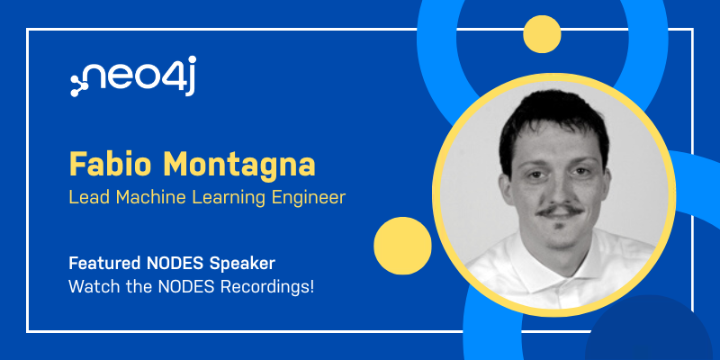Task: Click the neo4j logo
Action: pyautogui.click(x=133, y=76)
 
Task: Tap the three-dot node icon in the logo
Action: pyautogui.click(x=79, y=85)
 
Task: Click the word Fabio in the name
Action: pyautogui.click(x=111, y=165)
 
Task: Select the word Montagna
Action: pyautogui.click(x=239, y=165)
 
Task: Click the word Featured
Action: pyautogui.click(x=104, y=264)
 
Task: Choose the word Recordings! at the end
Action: pyautogui.click(x=267, y=288)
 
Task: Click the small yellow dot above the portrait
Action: pyautogui.click(x=542, y=34)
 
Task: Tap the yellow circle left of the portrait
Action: pyautogui.click(x=402, y=246)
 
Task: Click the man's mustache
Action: pyautogui.click(x=561, y=211)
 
